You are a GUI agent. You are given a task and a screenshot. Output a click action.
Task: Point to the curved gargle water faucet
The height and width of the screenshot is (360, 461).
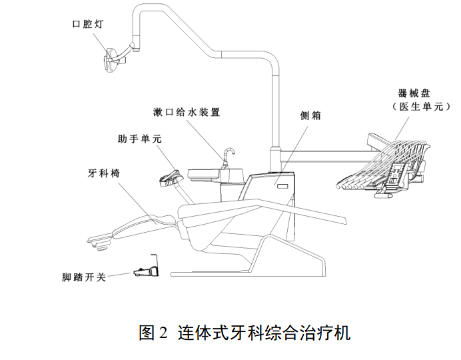pos(229,157)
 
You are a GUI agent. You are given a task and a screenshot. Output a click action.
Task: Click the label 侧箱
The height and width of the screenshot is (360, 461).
pos(311,115)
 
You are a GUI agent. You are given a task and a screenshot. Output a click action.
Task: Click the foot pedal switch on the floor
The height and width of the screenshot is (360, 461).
pos(148,270)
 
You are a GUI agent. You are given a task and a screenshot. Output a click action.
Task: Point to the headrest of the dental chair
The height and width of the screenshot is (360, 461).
pos(100,236)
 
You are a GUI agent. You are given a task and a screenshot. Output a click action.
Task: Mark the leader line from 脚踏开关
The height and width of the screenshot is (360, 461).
pos(120,274)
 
